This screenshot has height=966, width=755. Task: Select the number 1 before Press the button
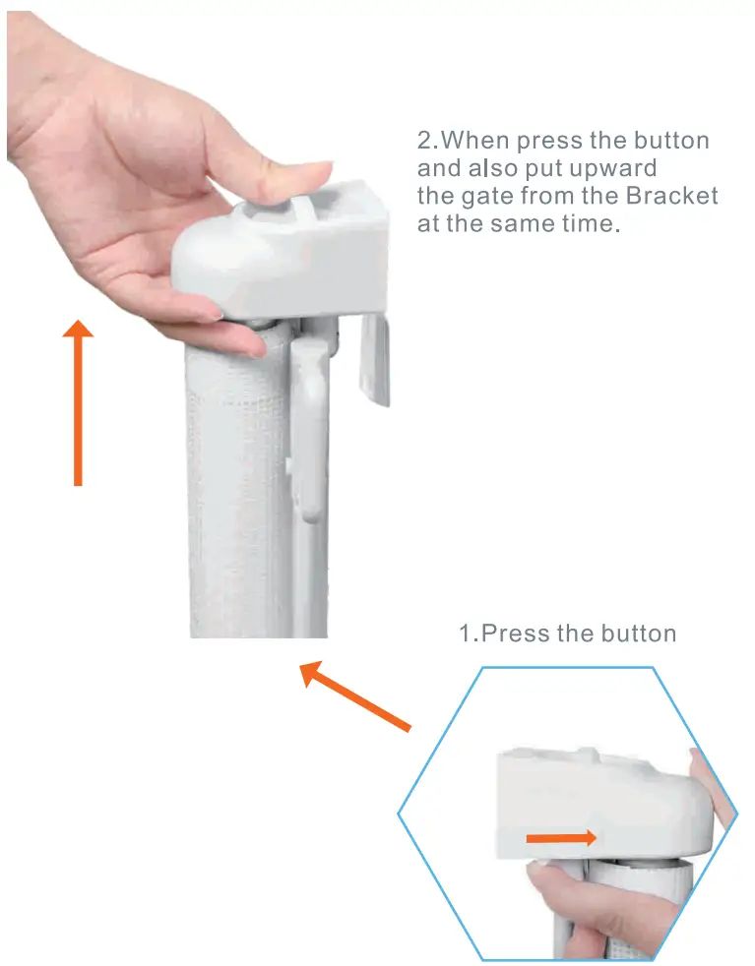click(466, 633)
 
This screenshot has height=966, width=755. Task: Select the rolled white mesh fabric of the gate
click(236, 492)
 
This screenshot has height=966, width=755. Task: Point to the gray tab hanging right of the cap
click(375, 359)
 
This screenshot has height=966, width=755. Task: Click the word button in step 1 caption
click(639, 633)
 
